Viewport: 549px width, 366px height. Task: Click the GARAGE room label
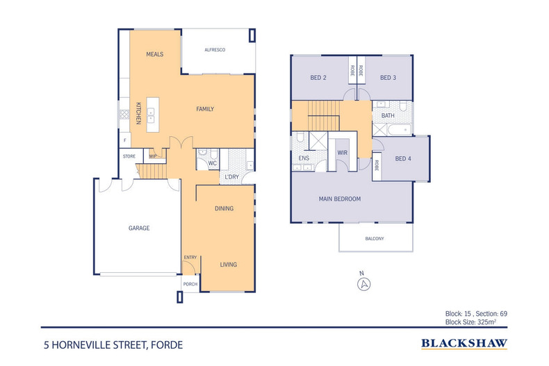pos(139,228)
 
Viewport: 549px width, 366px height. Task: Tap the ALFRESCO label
pos(215,51)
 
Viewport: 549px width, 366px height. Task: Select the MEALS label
pos(154,54)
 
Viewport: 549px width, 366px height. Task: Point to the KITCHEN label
pos(138,113)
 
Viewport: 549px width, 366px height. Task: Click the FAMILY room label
pos(204,109)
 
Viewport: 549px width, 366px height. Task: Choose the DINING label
pos(224,208)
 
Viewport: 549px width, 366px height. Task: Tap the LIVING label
pos(229,265)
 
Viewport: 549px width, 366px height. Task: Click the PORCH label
pos(190,284)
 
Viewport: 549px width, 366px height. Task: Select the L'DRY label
pos(231,178)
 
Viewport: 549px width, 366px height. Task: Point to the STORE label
pos(129,156)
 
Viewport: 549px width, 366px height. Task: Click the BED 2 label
pos(318,78)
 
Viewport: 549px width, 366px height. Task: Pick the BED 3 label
pos(388,78)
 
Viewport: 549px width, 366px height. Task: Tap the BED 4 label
pos(403,158)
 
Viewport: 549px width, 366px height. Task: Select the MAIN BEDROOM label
pos(340,199)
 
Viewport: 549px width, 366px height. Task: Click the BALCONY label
pos(374,239)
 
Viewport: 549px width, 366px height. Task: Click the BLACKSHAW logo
pos(464,343)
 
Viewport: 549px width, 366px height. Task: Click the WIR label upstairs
pos(342,152)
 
